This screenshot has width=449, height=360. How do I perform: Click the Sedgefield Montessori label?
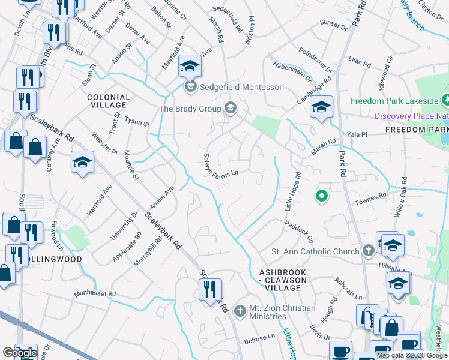(242, 88)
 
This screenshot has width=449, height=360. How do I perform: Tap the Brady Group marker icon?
(229, 109)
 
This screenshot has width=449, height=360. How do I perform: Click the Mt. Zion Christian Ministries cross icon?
(240, 311)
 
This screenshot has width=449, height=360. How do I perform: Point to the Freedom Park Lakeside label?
(394, 101)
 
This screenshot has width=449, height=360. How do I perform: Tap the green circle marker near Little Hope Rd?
(322, 196)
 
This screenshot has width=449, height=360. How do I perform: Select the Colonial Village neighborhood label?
(108, 101)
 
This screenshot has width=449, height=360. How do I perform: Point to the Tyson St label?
(137, 122)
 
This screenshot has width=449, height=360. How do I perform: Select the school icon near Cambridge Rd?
(321, 108)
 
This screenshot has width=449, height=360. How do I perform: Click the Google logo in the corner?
(19, 353)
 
